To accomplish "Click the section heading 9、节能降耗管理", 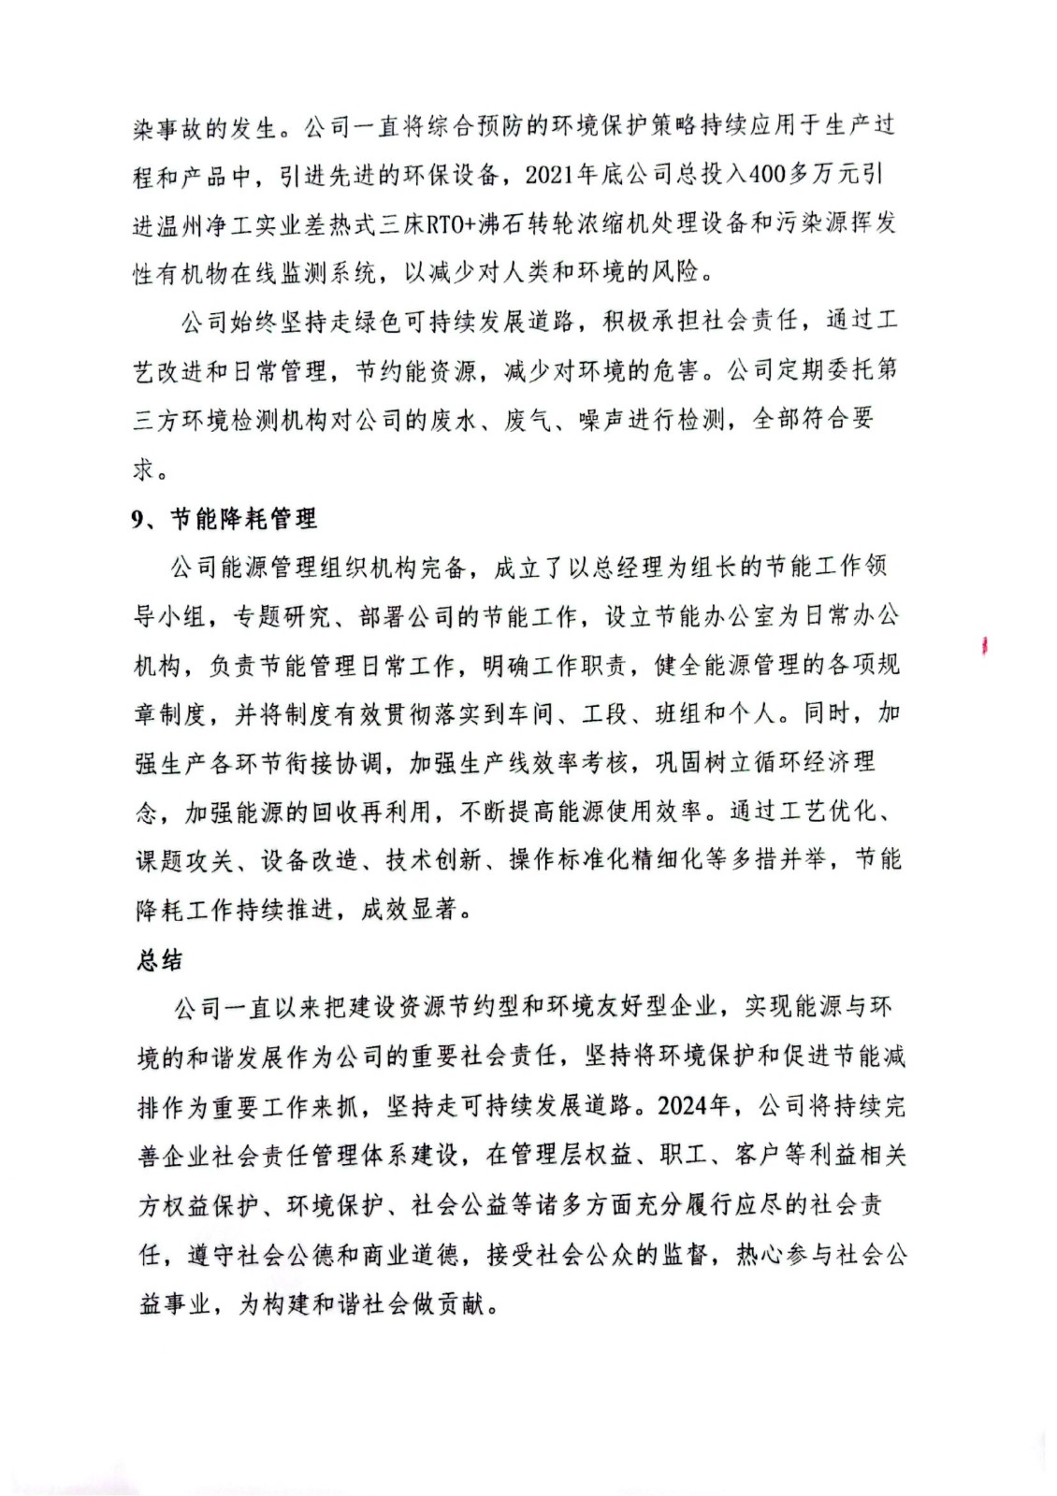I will click(224, 519).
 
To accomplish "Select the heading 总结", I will click(160, 960).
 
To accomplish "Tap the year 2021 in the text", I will click(550, 175).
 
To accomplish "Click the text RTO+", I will click(452, 224).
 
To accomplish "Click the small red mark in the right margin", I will click(985, 645).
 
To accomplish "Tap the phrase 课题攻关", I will click(184, 860).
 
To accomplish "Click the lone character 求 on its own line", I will click(143, 468).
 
